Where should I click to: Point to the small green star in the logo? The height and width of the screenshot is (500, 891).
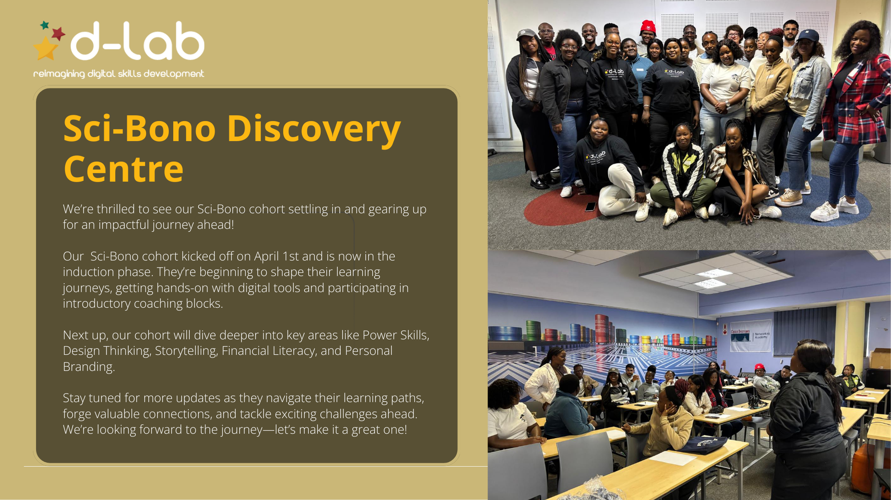point(45,25)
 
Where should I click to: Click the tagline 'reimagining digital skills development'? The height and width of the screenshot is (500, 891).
point(119,74)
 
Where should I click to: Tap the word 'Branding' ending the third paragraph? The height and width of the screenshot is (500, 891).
point(89,367)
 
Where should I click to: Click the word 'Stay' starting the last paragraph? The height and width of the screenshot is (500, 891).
point(74,398)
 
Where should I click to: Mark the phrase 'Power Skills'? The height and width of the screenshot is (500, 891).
point(396,335)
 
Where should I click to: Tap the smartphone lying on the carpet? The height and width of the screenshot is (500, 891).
point(590,207)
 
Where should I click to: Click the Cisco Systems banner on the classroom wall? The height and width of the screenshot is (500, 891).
point(751,336)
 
